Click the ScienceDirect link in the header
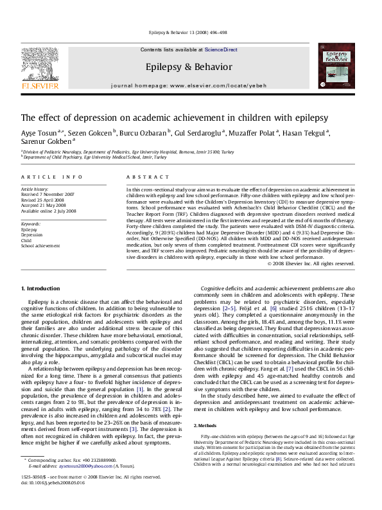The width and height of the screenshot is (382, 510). pos(220,49)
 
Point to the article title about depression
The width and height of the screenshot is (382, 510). pos(175,118)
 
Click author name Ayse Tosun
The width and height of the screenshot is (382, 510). pos(39,132)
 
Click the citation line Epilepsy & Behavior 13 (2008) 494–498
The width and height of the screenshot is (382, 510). pos(190,31)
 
